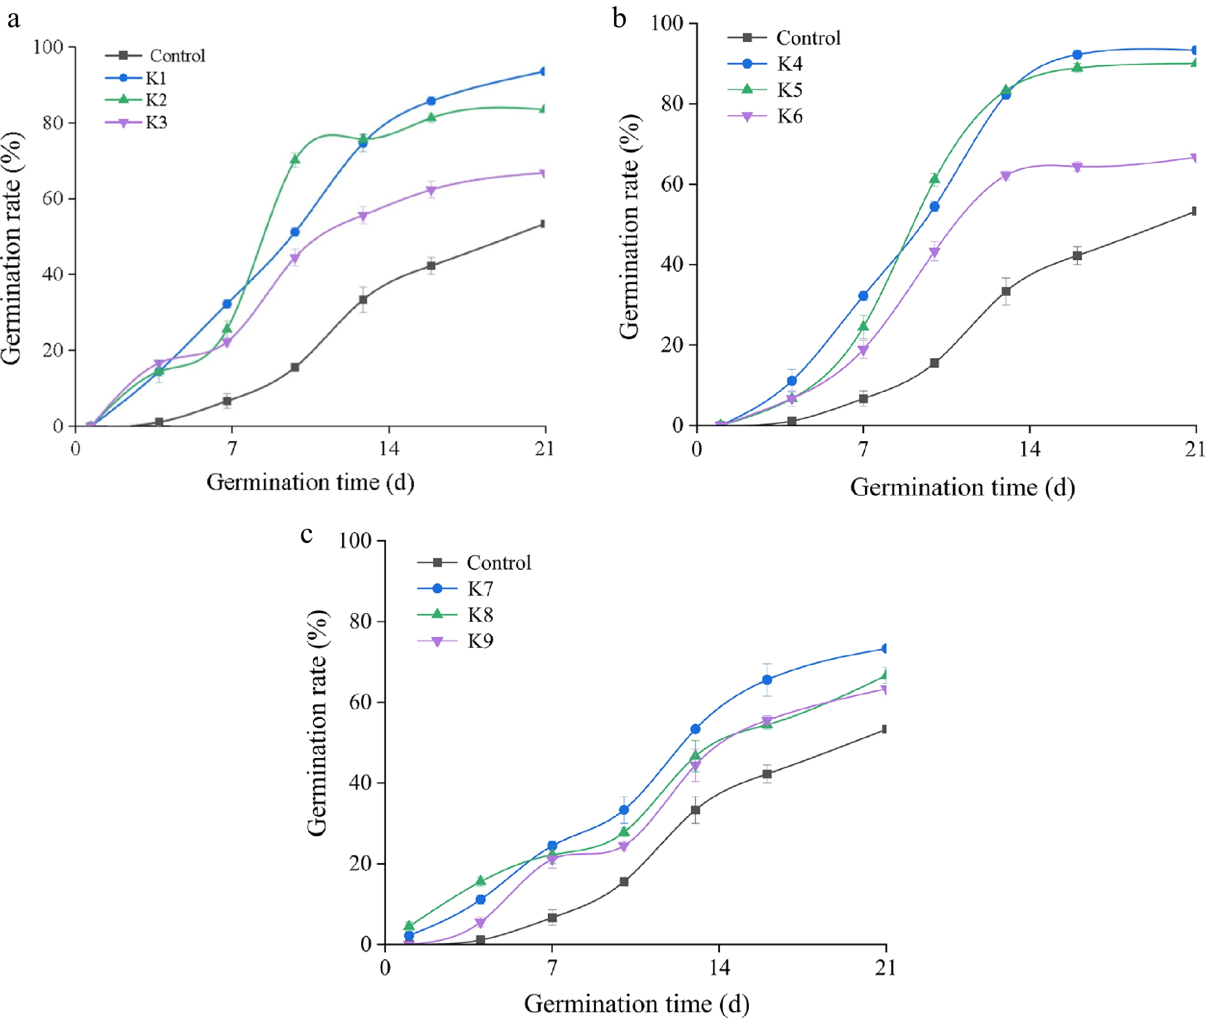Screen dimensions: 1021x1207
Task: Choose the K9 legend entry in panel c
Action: click(480, 641)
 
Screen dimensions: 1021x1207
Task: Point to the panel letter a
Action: click(13, 19)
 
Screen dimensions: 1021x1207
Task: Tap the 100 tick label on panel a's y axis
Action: click(49, 47)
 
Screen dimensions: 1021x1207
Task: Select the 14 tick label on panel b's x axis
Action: click(1029, 449)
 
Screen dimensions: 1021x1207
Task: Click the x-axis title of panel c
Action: click(636, 1003)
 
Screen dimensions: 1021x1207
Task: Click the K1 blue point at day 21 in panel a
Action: click(543, 72)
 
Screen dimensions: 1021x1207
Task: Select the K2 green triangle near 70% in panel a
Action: click(295, 158)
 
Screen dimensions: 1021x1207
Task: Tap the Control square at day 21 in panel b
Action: click(1194, 211)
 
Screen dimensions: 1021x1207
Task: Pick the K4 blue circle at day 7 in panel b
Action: click(863, 296)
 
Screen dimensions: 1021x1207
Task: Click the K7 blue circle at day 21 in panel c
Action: click(885, 649)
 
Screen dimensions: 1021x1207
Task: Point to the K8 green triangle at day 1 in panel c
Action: click(409, 925)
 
